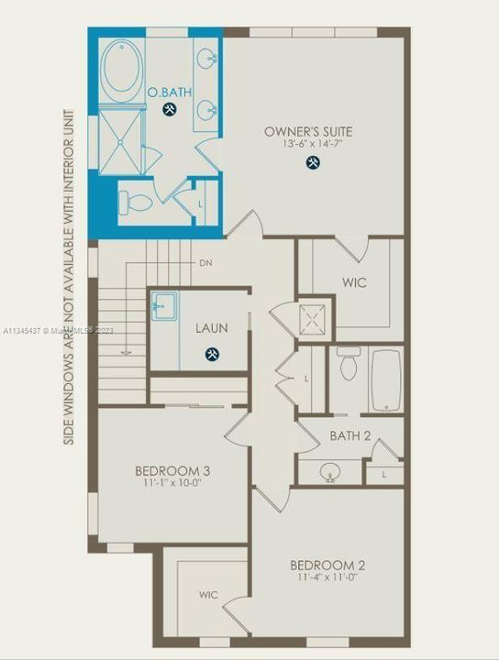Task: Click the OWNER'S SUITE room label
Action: click(x=308, y=131)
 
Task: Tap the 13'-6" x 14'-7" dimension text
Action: click(x=308, y=145)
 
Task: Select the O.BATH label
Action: click(x=168, y=93)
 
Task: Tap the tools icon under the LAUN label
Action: click(x=212, y=354)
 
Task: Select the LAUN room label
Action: click(x=212, y=327)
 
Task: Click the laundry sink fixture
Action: click(x=166, y=305)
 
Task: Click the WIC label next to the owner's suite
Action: click(x=354, y=282)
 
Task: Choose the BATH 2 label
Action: click(x=349, y=436)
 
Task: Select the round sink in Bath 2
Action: click(x=329, y=472)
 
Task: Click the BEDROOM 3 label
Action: click(x=172, y=471)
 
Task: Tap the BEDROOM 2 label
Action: click(x=327, y=565)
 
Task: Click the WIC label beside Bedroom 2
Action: click(x=209, y=595)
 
